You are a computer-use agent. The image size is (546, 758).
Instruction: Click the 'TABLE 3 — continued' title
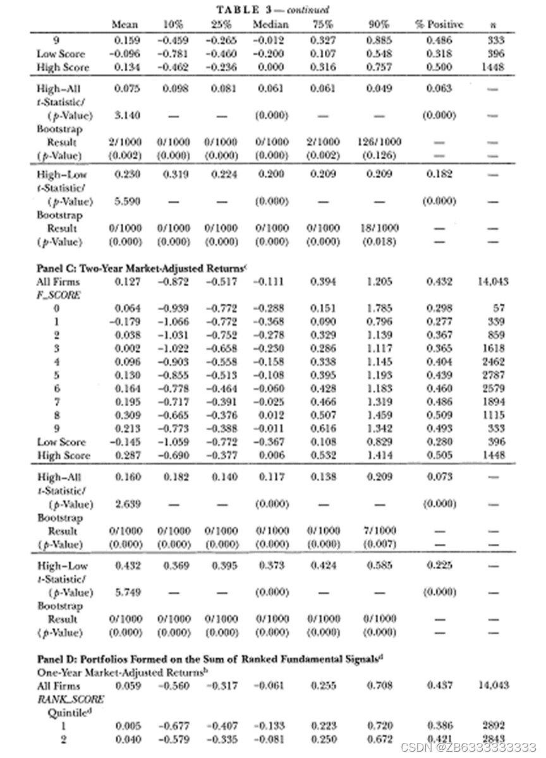272,9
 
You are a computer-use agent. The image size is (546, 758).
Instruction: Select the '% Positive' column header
439,25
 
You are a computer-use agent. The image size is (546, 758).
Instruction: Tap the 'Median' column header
270,25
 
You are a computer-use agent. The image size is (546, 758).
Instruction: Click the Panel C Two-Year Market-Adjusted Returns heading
141,268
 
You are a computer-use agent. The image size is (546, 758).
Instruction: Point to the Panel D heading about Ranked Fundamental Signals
209,659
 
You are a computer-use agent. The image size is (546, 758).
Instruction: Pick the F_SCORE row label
59,296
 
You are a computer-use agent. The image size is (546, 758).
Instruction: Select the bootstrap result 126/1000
379,143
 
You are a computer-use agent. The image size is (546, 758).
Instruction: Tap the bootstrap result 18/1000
379,228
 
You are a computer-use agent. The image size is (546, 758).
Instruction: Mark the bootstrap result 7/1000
379,531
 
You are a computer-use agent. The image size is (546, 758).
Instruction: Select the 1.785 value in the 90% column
379,309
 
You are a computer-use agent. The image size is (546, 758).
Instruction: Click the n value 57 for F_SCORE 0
497,309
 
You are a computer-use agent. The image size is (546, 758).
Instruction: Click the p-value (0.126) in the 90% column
379,156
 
